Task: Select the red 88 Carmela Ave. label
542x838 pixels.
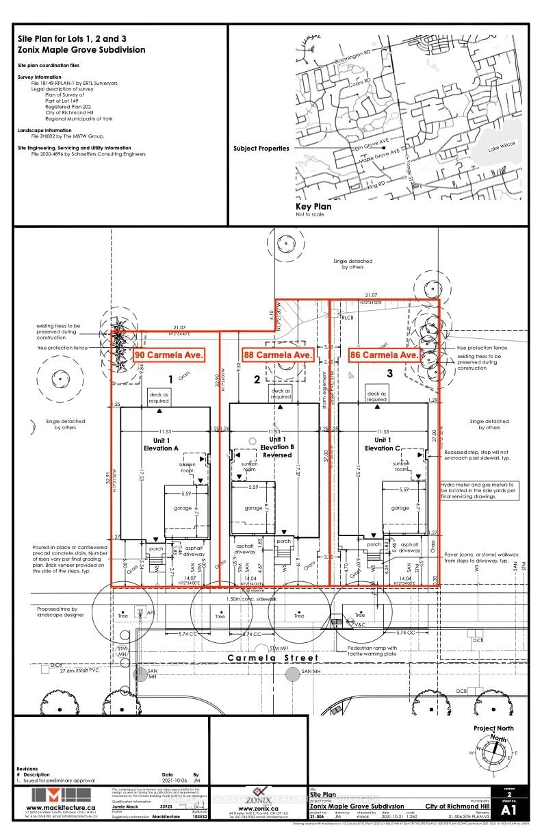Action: pyautogui.click(x=279, y=355)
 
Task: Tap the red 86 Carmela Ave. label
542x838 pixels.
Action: pyautogui.click(x=384, y=355)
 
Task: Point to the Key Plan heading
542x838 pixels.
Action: pyautogui.click(x=313, y=206)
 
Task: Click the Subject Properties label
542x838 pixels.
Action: pyautogui.click(x=261, y=149)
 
